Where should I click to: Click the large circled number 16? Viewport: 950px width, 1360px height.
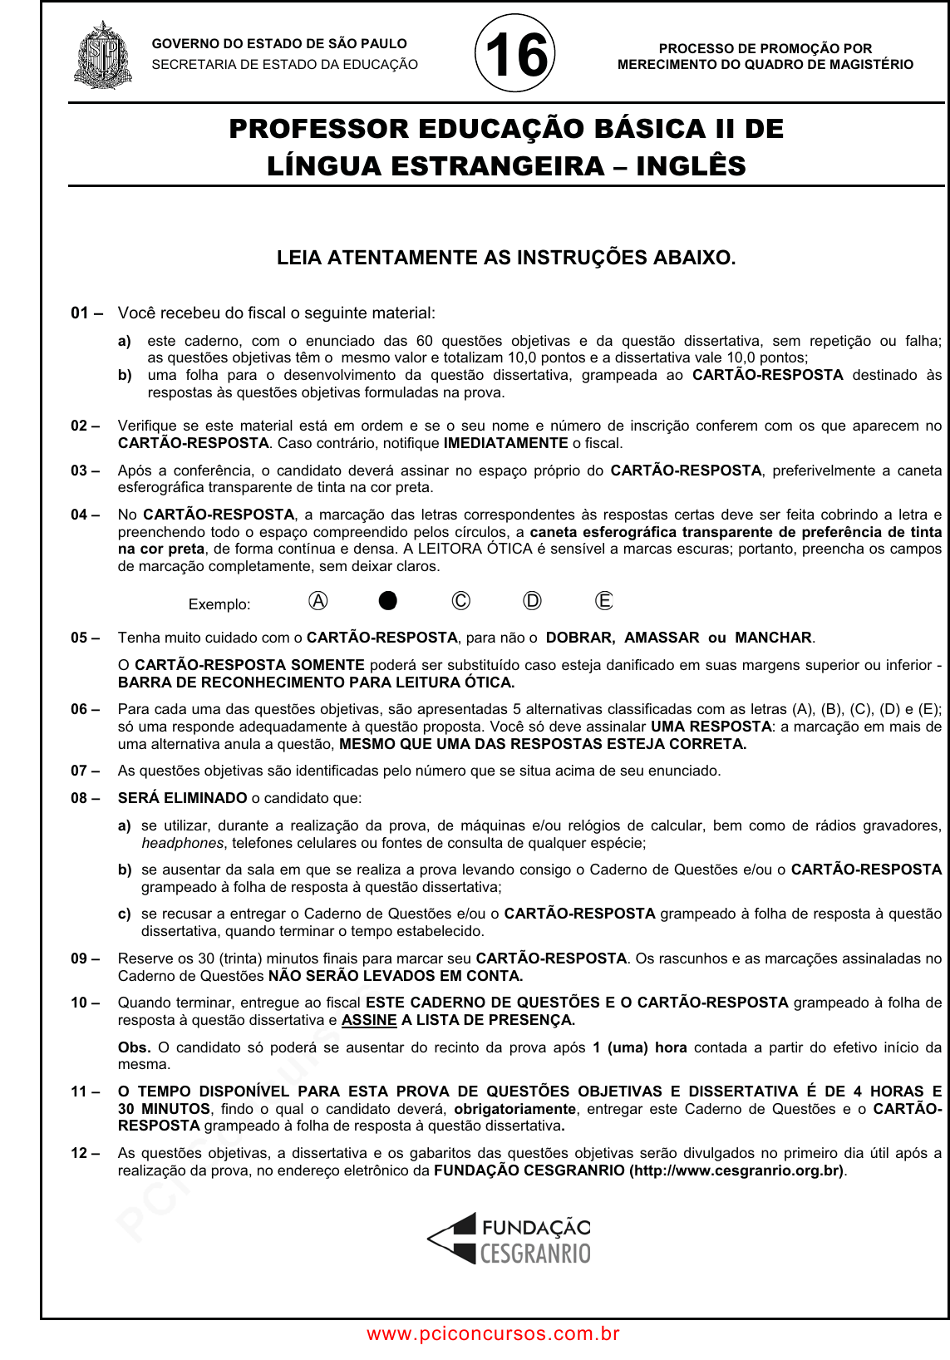(515, 55)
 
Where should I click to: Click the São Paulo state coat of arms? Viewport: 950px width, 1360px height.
(103, 56)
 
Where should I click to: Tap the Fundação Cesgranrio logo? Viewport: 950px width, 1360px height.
(509, 1239)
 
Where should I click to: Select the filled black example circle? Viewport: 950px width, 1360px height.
(388, 601)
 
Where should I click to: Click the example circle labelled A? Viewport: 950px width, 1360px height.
(317, 601)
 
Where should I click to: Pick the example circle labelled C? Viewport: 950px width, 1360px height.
(460, 601)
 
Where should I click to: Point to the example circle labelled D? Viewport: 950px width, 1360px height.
(532, 601)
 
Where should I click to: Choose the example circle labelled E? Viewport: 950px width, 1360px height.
(604, 601)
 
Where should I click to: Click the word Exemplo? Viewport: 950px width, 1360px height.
(219, 604)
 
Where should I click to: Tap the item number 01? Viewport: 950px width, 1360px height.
(80, 313)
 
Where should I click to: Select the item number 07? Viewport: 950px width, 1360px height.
(80, 771)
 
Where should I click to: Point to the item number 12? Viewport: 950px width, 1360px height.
(80, 1153)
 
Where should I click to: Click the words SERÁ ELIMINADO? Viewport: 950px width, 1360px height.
(183, 798)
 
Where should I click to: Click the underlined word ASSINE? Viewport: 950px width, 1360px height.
(369, 1020)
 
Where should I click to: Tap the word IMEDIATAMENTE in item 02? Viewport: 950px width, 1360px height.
(505, 443)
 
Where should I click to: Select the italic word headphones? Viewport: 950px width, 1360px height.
(182, 843)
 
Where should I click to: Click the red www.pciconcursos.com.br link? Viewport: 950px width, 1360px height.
(494, 1334)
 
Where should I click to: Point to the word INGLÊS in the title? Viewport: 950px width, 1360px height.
(691, 166)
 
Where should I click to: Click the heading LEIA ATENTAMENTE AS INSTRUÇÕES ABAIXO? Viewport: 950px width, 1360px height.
(506, 258)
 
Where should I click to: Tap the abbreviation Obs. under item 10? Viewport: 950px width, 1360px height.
(134, 1047)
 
